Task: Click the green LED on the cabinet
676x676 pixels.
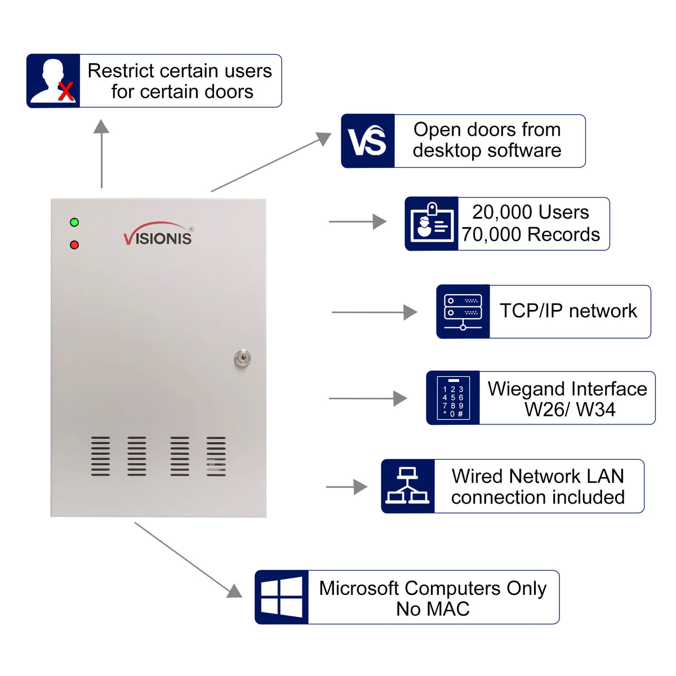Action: pyautogui.click(x=74, y=223)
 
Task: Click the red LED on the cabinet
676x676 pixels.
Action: pyautogui.click(x=74, y=245)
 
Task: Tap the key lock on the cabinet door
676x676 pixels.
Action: pyautogui.click(x=242, y=358)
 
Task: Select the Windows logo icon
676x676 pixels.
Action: pyautogui.click(x=281, y=597)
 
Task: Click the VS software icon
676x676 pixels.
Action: pyautogui.click(x=367, y=141)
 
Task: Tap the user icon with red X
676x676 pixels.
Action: pyautogui.click(x=54, y=81)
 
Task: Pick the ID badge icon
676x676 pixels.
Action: pyautogui.click(x=432, y=224)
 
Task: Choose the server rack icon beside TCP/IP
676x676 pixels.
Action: pyautogui.click(x=463, y=312)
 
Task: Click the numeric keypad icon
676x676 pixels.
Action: pyautogui.click(x=453, y=398)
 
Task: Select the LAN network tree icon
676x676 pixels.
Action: pyautogui.click(x=407, y=486)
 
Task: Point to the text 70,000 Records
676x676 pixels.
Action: pyautogui.click(x=531, y=234)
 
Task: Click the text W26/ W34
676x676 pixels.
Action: pyautogui.click(x=570, y=410)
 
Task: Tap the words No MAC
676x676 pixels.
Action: pyautogui.click(x=433, y=609)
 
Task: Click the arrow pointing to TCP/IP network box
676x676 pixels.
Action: pyautogui.click(x=374, y=312)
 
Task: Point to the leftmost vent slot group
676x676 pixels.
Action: pyautogui.click(x=101, y=456)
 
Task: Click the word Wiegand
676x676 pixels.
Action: pyautogui.click(x=526, y=389)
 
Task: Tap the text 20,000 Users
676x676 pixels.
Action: pyautogui.click(x=531, y=212)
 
